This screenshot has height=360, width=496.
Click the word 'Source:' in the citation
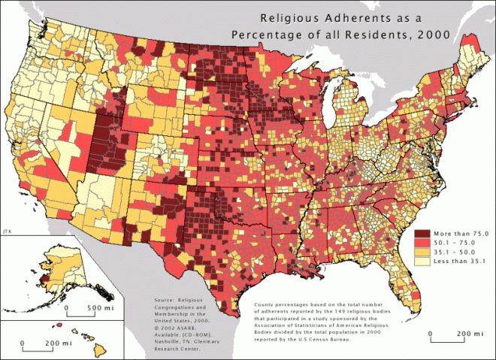pyautogui.click(x=164, y=299)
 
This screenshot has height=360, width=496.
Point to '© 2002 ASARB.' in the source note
pyautogui.click(x=175, y=327)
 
